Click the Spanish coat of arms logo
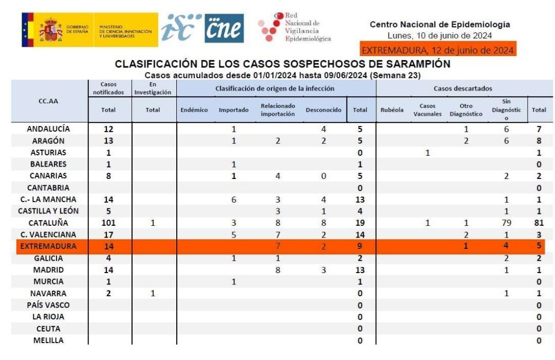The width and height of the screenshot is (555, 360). (51, 29)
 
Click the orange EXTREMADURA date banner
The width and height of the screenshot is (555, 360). (438, 50)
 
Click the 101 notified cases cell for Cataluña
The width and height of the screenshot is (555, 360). (108, 223)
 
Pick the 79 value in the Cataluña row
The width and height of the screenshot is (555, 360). (506, 223)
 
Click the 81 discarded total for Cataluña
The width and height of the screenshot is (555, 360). (539, 223)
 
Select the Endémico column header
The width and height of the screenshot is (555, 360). (194, 110)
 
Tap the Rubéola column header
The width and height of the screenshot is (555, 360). (392, 110)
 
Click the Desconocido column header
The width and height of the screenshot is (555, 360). (323, 110)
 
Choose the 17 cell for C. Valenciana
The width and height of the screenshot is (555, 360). (108, 235)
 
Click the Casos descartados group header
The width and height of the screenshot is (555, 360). (462, 88)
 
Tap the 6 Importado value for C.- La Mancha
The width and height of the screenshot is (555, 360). (233, 200)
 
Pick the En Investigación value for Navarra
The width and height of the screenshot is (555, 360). (153, 293)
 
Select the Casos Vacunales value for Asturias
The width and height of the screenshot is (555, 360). (427, 153)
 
